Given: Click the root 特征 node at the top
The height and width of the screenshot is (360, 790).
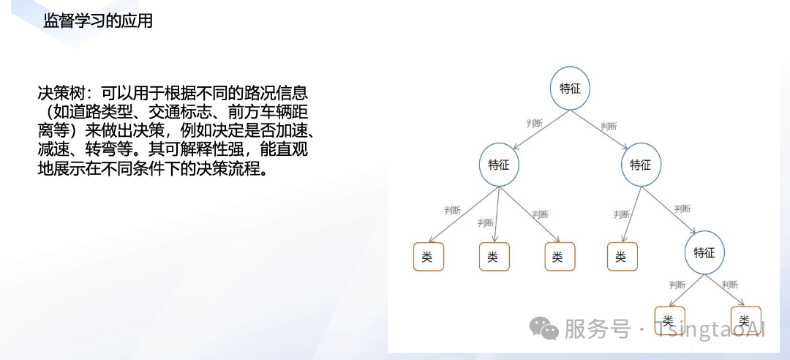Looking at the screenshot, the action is pos(570,89).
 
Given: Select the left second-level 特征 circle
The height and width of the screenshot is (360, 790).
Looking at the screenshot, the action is pos(499,165).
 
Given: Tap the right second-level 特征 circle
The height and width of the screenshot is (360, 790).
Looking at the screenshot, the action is pos(640,165).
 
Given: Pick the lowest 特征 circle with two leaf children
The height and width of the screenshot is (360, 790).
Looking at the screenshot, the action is pos(704,253).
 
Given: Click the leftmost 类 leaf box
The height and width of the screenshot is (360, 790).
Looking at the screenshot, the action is pos(428,257).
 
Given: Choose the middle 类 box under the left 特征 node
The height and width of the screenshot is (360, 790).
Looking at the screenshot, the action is pos(494,257).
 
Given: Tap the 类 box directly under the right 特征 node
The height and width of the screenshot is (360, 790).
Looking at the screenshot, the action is pos(621,257).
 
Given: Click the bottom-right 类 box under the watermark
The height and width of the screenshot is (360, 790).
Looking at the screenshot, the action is pos(745,320).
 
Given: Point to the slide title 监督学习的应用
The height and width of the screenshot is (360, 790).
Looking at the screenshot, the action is pos(98,21).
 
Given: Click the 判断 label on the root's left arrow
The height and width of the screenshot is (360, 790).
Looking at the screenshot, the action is pos(535,123).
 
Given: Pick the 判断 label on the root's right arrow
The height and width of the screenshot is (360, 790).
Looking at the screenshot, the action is pos(608,126).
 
